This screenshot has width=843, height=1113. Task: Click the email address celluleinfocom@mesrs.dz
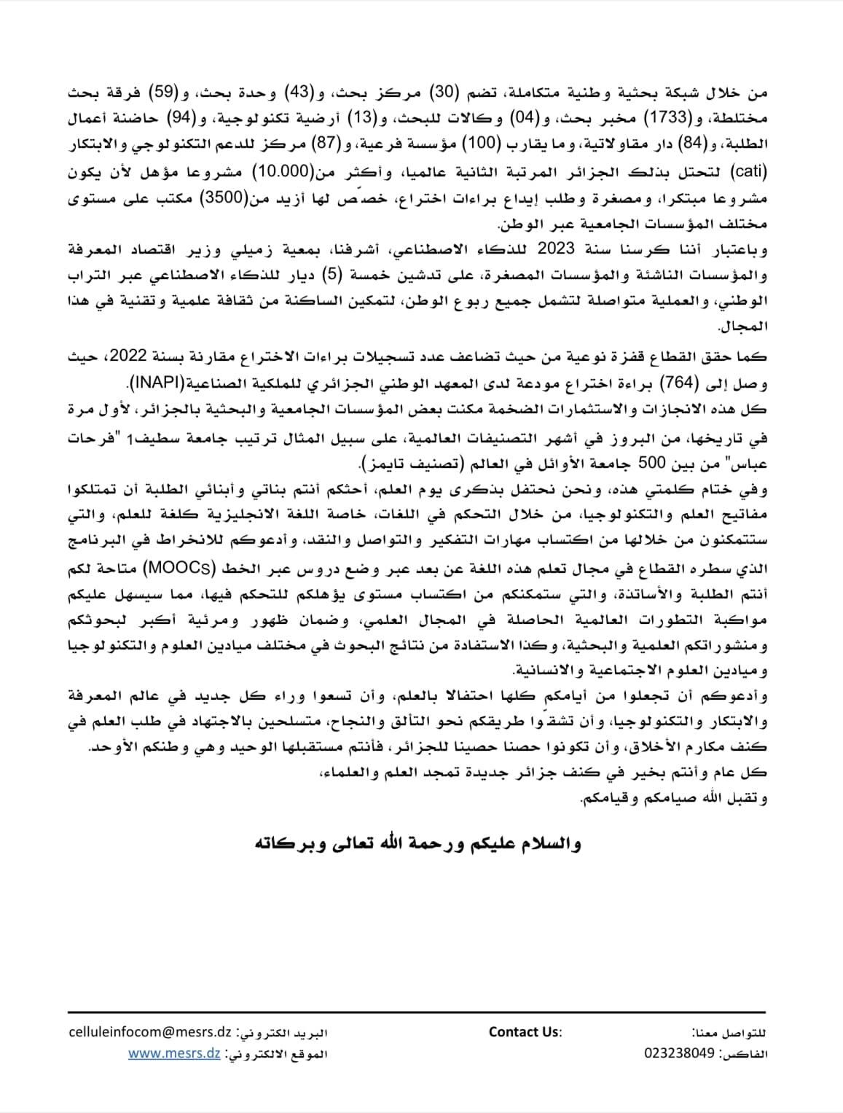[149, 1033]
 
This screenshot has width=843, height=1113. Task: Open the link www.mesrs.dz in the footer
[174, 1054]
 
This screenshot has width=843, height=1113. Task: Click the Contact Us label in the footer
[525, 1032]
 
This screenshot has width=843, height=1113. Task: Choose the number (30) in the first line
[460, 91]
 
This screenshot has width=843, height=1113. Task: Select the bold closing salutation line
[420, 844]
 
